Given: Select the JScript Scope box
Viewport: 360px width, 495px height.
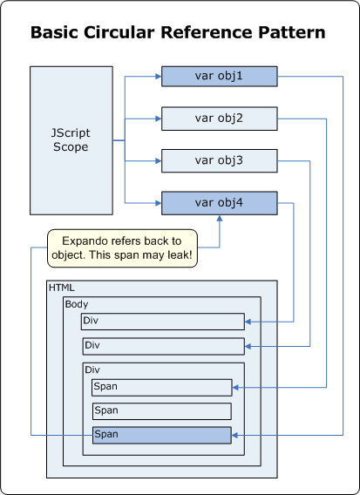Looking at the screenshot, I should point(71,140).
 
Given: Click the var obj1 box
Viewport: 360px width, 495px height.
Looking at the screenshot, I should point(219,78).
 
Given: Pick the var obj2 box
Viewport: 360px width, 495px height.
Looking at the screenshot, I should point(219,119).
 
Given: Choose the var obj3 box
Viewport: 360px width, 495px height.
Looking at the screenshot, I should point(219,160).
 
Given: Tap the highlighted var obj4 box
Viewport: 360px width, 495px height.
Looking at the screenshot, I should point(219,203).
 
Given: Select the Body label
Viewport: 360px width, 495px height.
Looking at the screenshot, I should point(78,305).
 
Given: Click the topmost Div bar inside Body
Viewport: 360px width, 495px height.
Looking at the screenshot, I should point(161,322).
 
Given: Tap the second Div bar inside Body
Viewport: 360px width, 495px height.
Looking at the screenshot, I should point(161,346).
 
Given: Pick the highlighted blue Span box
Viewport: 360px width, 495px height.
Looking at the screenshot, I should point(161,434).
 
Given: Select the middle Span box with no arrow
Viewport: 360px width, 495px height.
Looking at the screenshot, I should point(161,410).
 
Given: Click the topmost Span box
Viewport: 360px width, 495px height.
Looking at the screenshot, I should point(161,387).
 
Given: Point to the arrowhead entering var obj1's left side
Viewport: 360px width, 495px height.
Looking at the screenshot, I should point(158,78).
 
